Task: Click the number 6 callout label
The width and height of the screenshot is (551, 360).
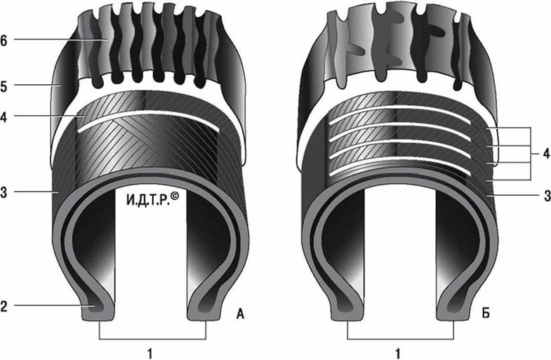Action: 4,41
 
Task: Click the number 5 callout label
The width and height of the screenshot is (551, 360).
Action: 4,86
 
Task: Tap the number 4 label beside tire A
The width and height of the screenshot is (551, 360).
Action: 4,117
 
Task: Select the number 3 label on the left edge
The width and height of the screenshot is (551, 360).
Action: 4,192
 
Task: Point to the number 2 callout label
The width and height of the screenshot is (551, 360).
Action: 4,306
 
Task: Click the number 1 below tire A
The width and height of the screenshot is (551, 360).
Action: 150,353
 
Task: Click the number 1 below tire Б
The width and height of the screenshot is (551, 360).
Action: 398,353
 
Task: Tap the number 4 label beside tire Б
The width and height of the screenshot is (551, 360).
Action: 546,154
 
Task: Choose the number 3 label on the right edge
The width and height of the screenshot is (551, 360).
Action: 547,196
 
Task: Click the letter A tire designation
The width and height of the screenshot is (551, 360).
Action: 240,314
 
